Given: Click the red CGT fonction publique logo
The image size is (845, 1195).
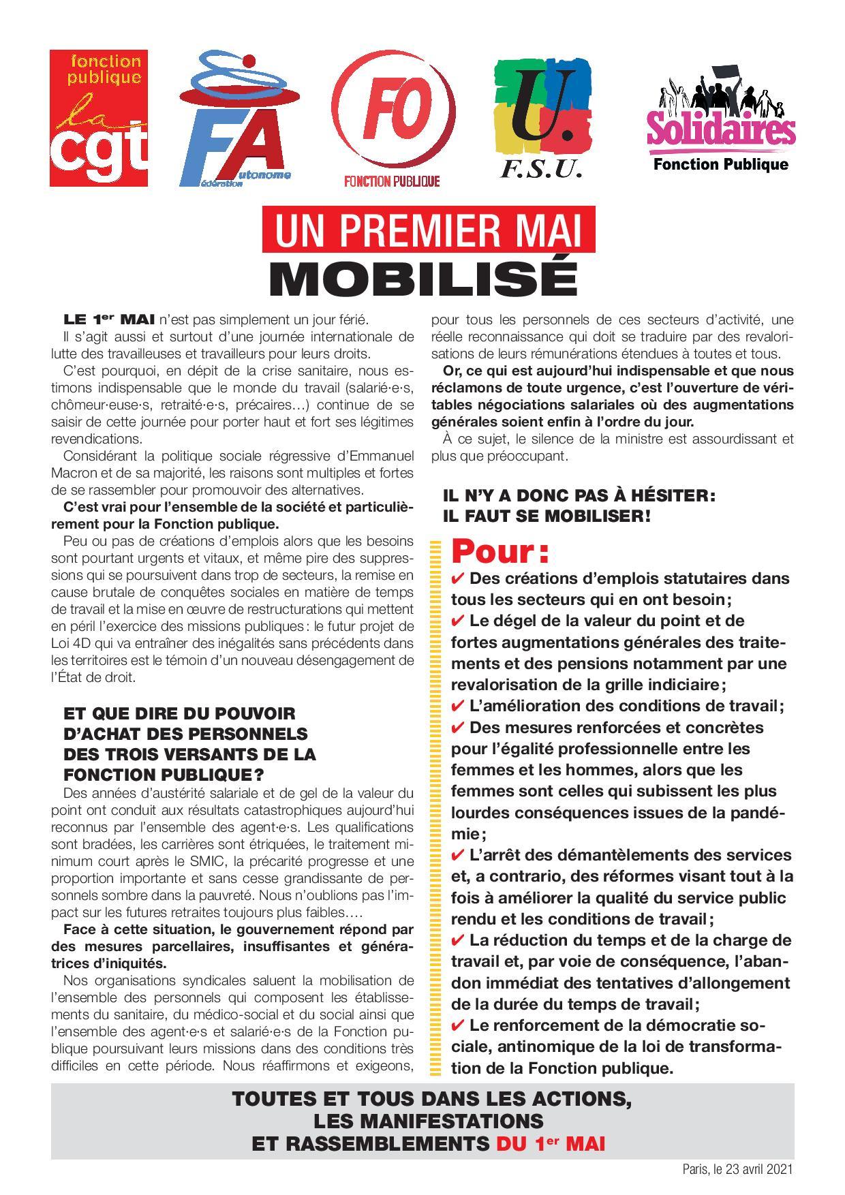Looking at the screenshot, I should (x=99, y=121).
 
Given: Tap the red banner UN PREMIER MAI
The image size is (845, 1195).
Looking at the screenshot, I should (x=429, y=232).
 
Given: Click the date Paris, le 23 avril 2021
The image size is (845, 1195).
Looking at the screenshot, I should (x=738, y=1169).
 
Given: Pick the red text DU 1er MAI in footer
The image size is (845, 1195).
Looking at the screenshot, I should (x=551, y=1145).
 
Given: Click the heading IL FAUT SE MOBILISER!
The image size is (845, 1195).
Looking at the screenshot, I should (x=547, y=516).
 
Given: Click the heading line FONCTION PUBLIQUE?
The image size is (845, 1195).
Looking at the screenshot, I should (x=164, y=775).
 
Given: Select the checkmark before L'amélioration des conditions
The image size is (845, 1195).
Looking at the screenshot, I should (x=459, y=706).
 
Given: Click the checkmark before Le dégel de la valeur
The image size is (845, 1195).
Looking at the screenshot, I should (x=459, y=621).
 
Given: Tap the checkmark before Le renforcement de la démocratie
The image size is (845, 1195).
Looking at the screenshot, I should (x=459, y=1025).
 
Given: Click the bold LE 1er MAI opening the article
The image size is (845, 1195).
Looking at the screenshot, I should (x=108, y=319).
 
